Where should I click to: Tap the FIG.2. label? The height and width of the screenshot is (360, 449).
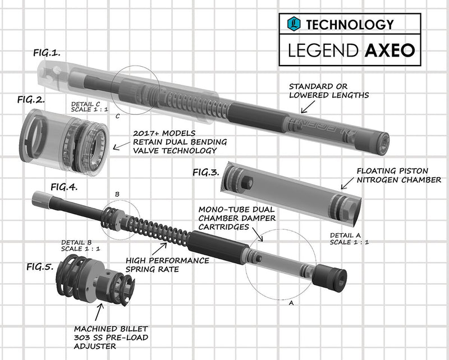point(31,100)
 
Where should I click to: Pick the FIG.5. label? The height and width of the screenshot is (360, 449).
point(40,266)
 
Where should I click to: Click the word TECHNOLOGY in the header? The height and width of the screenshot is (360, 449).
point(349,24)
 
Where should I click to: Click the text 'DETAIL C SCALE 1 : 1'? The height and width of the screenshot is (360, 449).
point(89,108)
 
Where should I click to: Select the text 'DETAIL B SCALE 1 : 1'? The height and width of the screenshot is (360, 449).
point(79,246)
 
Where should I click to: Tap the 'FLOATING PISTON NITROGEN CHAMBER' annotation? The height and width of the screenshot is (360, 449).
point(399,175)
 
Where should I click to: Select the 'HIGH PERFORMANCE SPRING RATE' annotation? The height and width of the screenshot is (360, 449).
point(167,264)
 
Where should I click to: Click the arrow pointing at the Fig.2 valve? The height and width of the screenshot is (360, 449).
point(120,147)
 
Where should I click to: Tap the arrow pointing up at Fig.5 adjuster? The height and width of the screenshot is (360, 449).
point(100,310)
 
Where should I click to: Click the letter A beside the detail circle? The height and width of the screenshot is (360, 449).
point(291,302)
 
